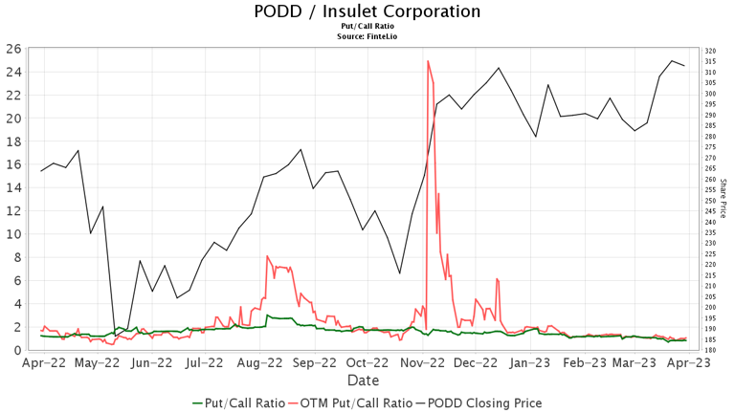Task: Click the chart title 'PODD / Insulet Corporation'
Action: (367, 12)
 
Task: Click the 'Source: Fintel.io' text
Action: (367, 36)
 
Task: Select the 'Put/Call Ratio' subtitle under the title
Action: (367, 28)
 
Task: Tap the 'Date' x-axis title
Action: (363, 380)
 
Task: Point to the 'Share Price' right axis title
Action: (724, 198)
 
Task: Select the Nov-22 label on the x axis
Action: (423, 363)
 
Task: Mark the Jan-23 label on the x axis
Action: (529, 363)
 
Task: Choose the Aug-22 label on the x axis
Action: (259, 363)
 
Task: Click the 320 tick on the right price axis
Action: (710, 51)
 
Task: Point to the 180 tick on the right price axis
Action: (710, 350)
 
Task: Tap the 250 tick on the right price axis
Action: (710, 201)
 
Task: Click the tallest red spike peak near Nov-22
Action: (428, 61)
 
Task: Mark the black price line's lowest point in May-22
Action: (116, 335)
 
